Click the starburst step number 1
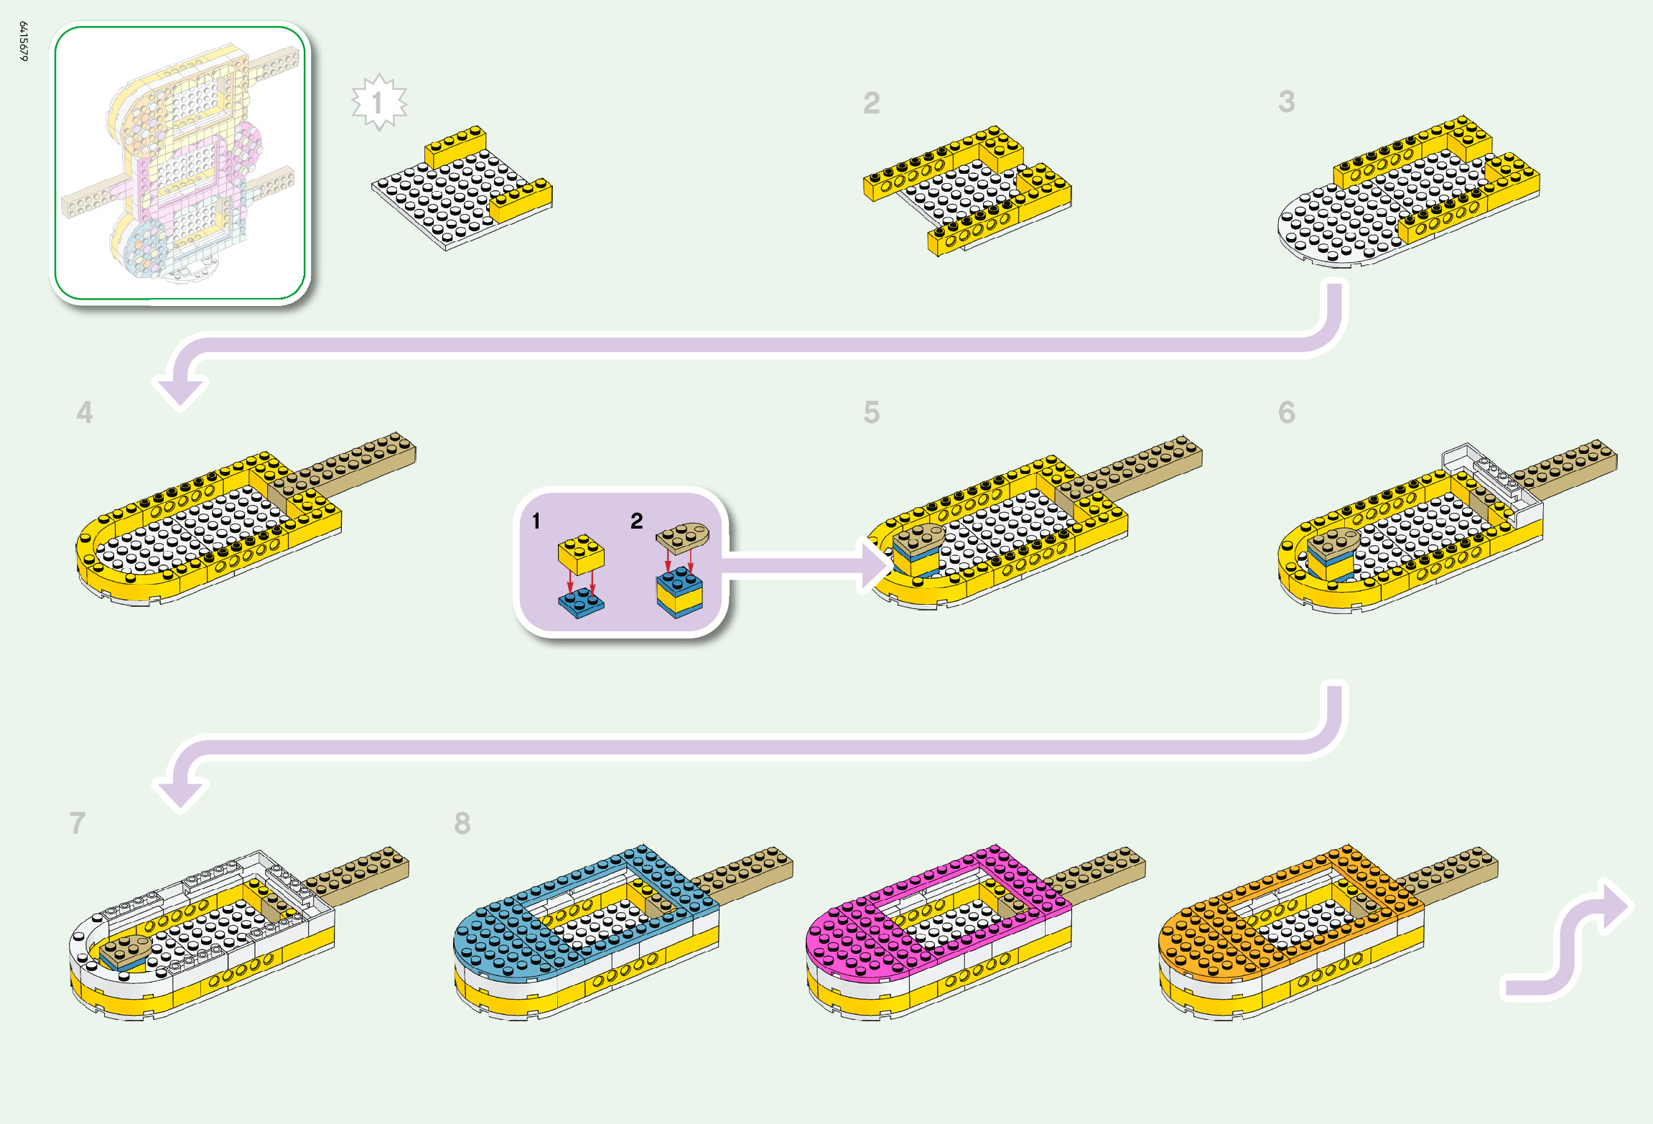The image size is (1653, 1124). pos(378,103)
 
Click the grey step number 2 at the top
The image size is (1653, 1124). pos(871,103)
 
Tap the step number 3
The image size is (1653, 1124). pos(1286,102)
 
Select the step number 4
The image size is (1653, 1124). pos(85,412)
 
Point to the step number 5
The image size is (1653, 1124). pos(871,412)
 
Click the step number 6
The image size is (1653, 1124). pos(1286,412)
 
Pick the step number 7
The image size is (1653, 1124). pos(78,823)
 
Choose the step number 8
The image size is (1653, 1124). pos(462,823)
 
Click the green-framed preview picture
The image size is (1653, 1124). pos(180,163)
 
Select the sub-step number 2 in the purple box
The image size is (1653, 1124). pos(636,521)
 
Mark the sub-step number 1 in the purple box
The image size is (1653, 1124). pos(536,521)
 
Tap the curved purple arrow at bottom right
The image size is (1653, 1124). pos(1573,941)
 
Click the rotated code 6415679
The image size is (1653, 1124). pos(24,41)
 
